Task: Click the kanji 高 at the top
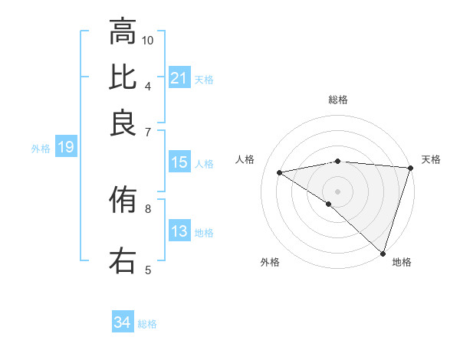pyautogui.click(x=123, y=32)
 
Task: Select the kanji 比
pyautogui.click(x=123, y=77)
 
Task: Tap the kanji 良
pyautogui.click(x=123, y=123)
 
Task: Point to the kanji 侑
pyautogui.click(x=123, y=201)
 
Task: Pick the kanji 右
pyautogui.click(x=123, y=260)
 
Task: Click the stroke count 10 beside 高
pyautogui.click(x=148, y=40)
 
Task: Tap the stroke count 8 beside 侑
pyautogui.click(x=148, y=208)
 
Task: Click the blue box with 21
pyautogui.click(x=179, y=78)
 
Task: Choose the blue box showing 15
pyautogui.click(x=179, y=162)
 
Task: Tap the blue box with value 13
pyautogui.click(x=179, y=232)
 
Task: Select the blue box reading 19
pyautogui.click(x=65, y=148)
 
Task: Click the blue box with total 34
pyautogui.click(x=123, y=322)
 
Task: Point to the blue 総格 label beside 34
pyautogui.click(x=147, y=324)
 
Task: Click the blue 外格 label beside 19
pyautogui.click(x=41, y=149)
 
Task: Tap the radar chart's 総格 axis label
pyautogui.click(x=338, y=100)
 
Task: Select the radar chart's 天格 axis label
pyautogui.click(x=431, y=159)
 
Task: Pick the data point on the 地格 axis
pyautogui.click(x=383, y=253)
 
